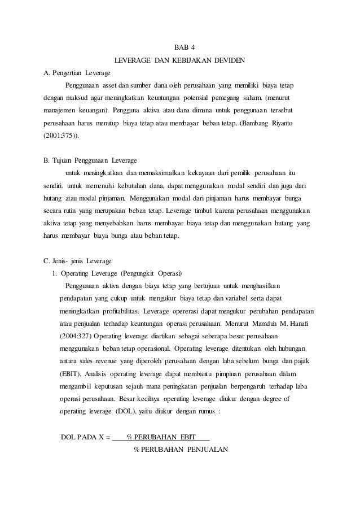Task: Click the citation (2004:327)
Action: coord(77,336)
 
